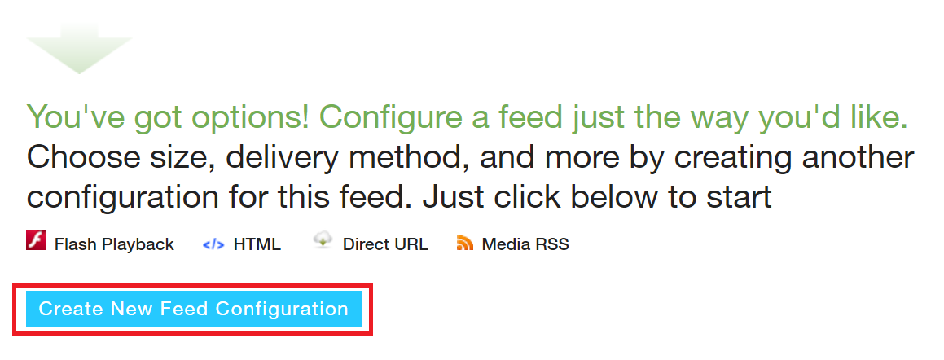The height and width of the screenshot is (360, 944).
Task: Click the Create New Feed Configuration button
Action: coord(193,309)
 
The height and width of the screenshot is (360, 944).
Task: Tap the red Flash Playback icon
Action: coord(36,241)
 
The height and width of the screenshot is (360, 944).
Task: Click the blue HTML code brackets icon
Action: coord(213,244)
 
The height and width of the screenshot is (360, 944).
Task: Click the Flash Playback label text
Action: coord(114,244)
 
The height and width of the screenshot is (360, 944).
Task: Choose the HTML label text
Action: coord(257,244)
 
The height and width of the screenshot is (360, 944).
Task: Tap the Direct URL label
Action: coord(385,244)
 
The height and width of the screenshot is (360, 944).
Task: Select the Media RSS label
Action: coord(525,244)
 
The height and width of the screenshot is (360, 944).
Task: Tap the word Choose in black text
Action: coord(82,158)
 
